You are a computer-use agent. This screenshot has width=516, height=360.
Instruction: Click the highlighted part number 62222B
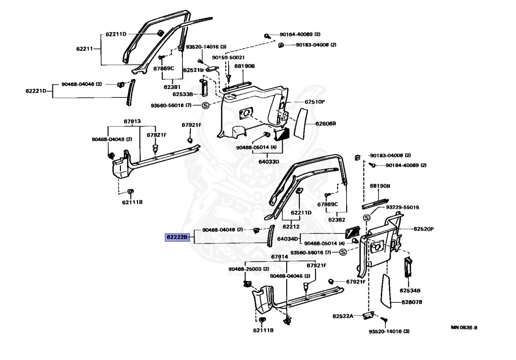tap(177, 237)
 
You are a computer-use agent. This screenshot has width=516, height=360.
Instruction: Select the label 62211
tap(85, 49)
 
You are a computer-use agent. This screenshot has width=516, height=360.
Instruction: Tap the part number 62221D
tap(36, 91)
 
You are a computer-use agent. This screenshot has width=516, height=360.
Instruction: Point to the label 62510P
tap(314, 101)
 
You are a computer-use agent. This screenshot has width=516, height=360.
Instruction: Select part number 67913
tap(132, 121)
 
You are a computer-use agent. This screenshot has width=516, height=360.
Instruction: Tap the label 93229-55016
tap(403, 207)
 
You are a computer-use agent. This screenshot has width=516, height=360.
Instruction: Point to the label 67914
tap(279, 256)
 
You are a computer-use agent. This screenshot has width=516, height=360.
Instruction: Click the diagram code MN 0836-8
tap(464, 327)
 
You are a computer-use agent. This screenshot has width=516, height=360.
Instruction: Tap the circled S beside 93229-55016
tap(367, 218)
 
